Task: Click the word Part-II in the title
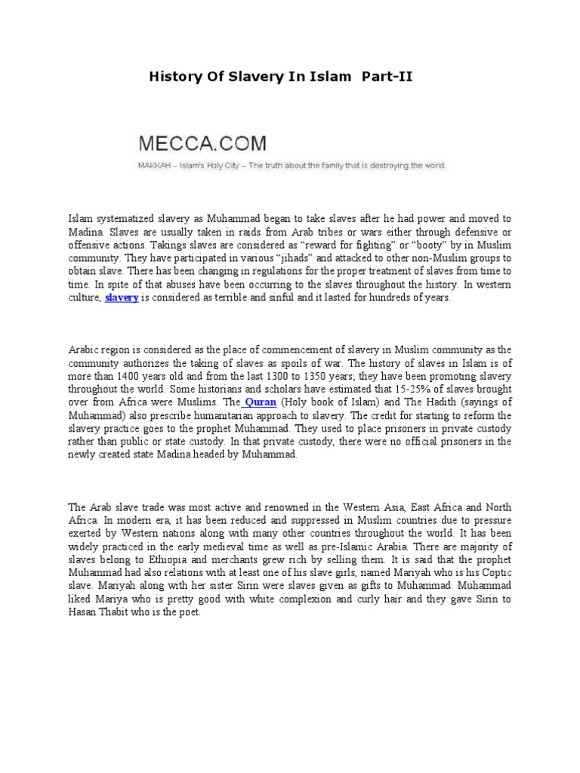pos(385,76)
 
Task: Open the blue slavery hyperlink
pos(122,298)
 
